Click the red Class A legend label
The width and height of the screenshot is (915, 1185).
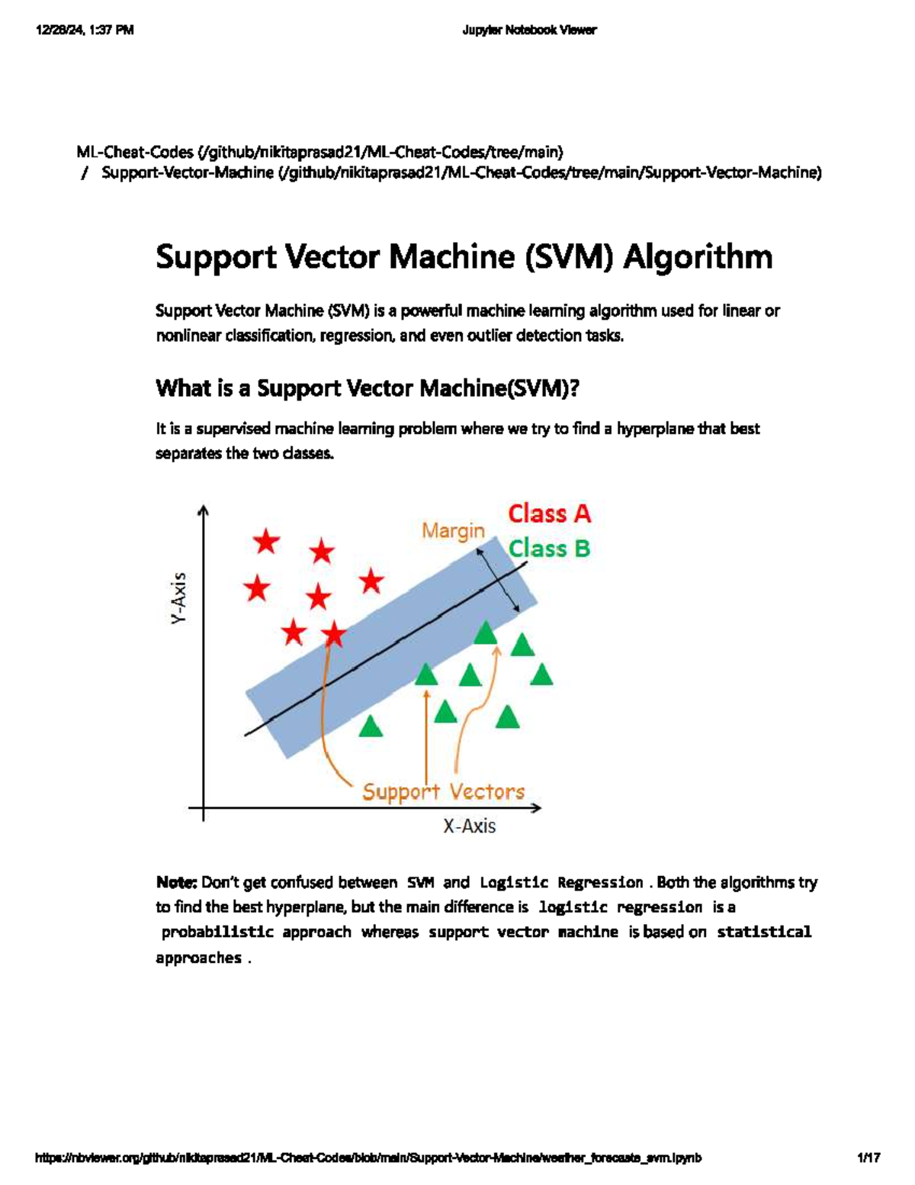(549, 514)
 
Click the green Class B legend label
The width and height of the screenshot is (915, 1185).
(549, 549)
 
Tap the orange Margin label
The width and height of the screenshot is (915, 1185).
(453, 530)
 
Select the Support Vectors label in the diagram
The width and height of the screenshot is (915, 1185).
(443, 791)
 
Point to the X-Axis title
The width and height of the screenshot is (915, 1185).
(469, 826)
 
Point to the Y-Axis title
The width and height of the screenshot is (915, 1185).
(178, 599)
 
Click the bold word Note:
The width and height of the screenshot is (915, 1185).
(176, 883)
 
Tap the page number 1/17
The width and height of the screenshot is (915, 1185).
(868, 1158)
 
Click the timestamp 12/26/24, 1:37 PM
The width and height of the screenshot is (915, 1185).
(85, 31)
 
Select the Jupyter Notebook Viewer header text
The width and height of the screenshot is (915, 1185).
(529, 31)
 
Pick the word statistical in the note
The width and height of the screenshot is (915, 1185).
(764, 932)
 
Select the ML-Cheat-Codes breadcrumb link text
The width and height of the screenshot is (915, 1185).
(134, 152)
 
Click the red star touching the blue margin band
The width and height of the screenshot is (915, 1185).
(333, 633)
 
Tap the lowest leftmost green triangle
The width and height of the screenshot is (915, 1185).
(371, 726)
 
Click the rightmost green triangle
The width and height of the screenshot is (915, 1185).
(541, 675)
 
